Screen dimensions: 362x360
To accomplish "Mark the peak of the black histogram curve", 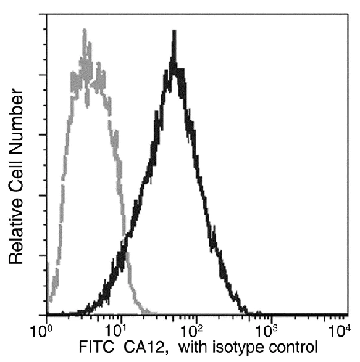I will point(175,32).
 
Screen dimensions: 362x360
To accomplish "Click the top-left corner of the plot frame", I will point(46,12).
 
